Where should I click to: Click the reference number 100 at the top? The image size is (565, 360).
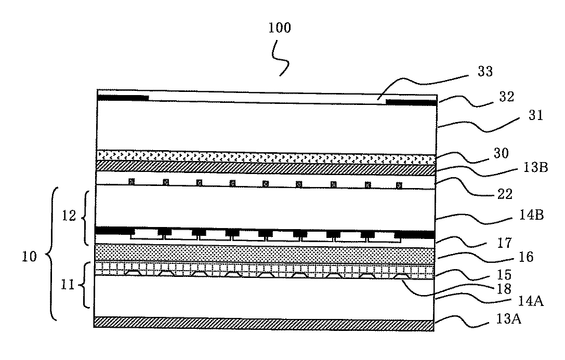pos(280,28)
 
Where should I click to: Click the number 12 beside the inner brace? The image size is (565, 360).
pos(72,215)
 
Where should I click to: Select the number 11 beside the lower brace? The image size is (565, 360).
pos(72,286)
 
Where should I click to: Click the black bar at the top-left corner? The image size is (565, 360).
pos(123,98)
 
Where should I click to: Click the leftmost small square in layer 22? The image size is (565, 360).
pos(132,181)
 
